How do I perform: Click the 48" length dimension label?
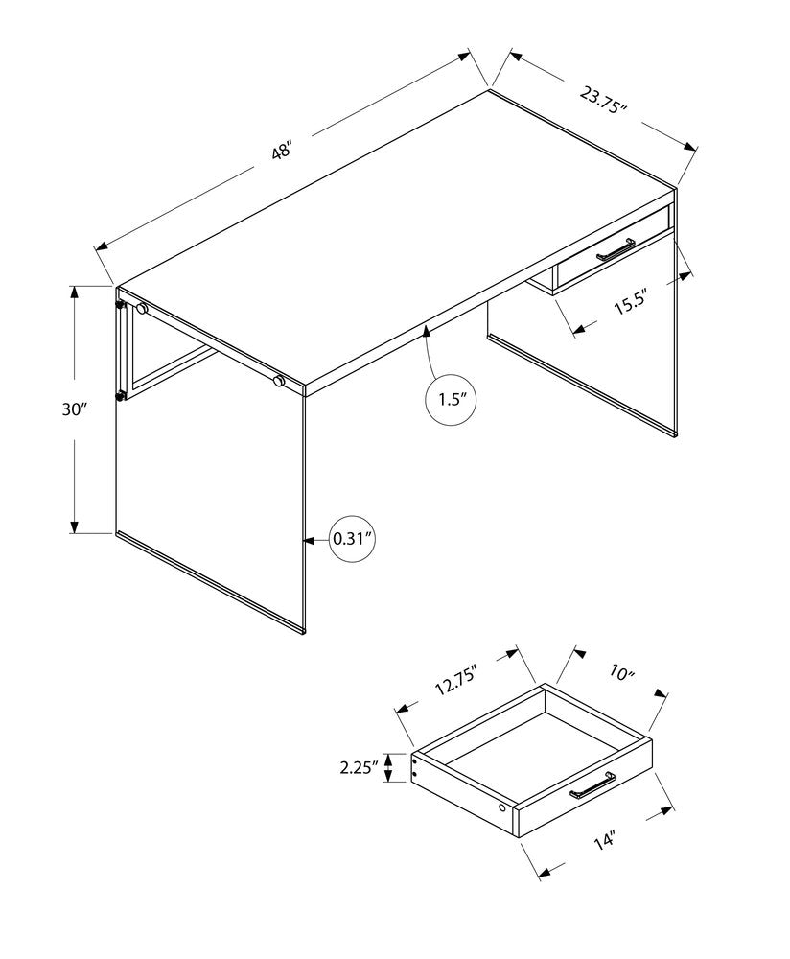point(280,151)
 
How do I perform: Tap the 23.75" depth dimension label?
point(603,100)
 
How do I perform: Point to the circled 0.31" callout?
point(350,539)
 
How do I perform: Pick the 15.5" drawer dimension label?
point(633,304)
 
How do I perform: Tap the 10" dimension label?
point(620,675)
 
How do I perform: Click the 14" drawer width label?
point(602,842)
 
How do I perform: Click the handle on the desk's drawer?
point(616,250)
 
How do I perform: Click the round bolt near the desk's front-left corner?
point(142,309)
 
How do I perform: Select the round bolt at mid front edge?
point(279,381)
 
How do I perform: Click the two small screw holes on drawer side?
point(416,764)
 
